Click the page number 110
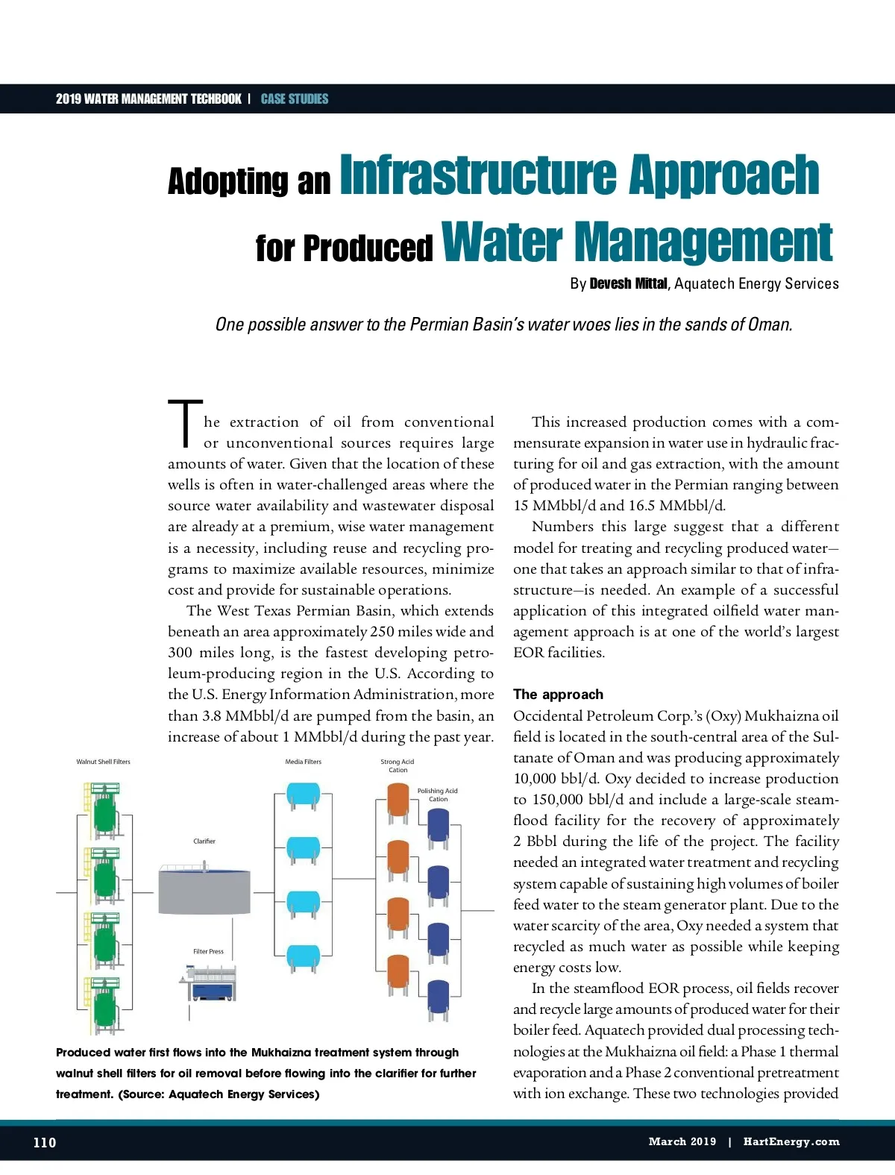pyautogui.click(x=44, y=1142)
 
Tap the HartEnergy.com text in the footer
pyautogui.click(x=791, y=1141)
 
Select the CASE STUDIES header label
pyautogui.click(x=295, y=98)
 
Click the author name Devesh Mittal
pyautogui.click(x=628, y=283)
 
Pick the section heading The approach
pyautogui.click(x=558, y=695)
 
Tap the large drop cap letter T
pyautogui.click(x=184, y=424)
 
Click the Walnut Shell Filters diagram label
pyautogui.click(x=103, y=762)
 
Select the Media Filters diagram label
pyautogui.click(x=303, y=762)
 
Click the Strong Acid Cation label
pyautogui.click(x=398, y=765)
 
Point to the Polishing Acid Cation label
pyautogui.click(x=438, y=795)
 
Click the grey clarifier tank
pyautogui.click(x=204, y=891)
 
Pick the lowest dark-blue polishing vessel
pyautogui.click(x=438, y=998)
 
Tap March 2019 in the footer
pyautogui.click(x=682, y=1141)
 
